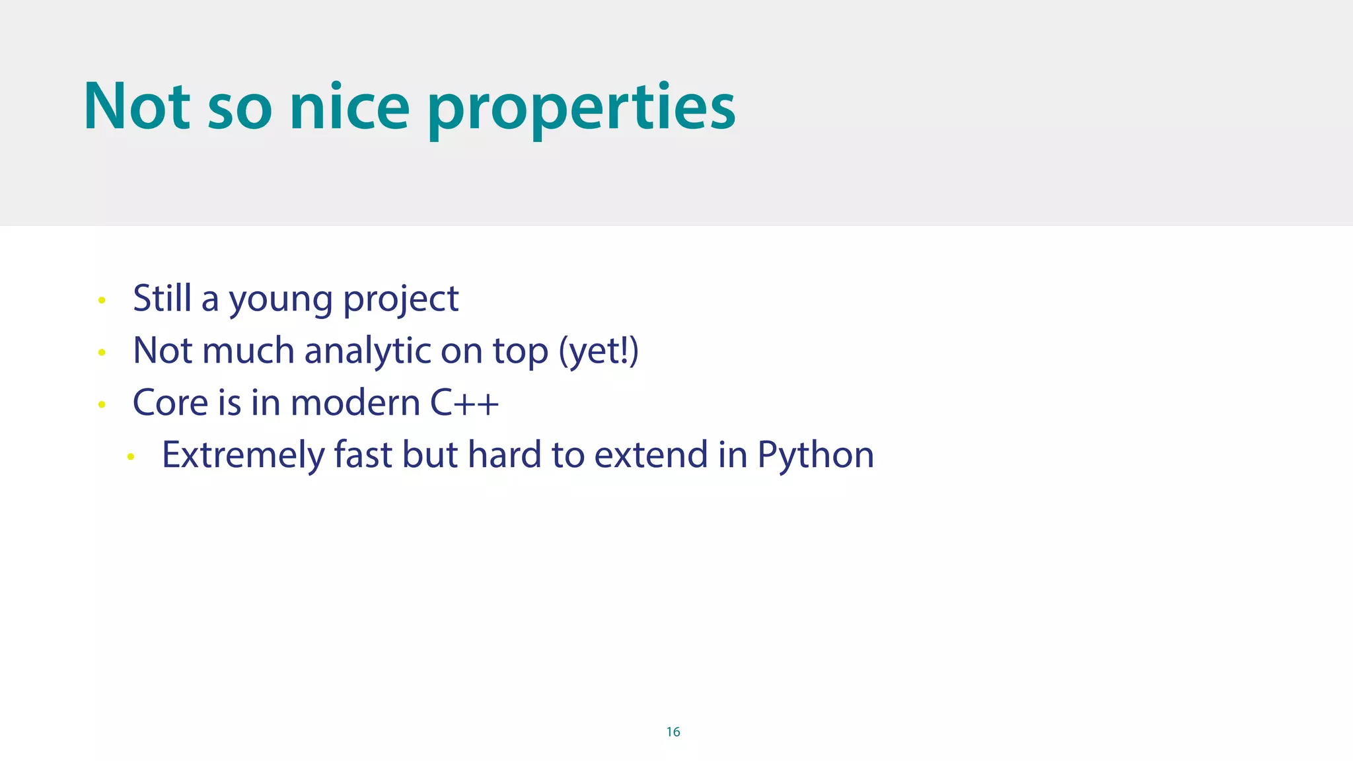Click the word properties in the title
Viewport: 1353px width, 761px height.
[x=581, y=109]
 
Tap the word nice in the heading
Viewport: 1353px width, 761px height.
[x=349, y=107]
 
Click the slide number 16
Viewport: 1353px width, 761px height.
[x=673, y=731]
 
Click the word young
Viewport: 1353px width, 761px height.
[x=281, y=301]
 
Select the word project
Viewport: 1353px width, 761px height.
[x=400, y=301]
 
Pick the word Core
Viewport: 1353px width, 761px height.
[x=165, y=402]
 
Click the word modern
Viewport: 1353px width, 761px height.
[x=355, y=402]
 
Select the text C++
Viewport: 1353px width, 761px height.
[x=464, y=402]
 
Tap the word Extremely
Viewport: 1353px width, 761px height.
[x=243, y=455]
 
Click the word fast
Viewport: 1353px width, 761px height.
[x=363, y=454]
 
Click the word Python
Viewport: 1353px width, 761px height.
[x=815, y=456]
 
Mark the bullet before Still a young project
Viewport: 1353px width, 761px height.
[x=102, y=301]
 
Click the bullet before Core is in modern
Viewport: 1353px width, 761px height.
[x=102, y=404]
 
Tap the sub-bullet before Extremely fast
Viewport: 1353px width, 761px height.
[x=131, y=456]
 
